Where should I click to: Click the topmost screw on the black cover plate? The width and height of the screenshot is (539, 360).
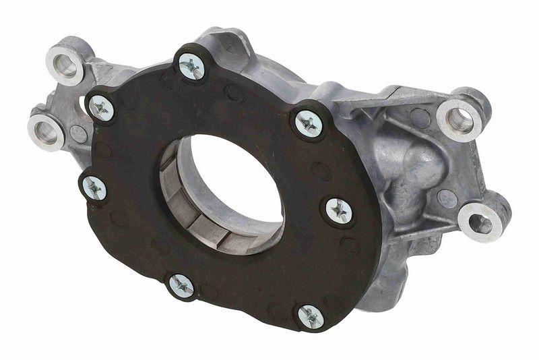191,65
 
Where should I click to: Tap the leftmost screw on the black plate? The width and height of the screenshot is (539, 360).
93,187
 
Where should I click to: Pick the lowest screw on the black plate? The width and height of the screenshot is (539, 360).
310,315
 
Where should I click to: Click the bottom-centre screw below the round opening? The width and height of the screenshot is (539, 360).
181,285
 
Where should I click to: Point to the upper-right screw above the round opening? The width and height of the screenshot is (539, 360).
309,123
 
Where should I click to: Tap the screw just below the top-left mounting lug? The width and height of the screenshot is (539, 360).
101,107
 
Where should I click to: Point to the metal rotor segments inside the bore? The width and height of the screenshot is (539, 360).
195,216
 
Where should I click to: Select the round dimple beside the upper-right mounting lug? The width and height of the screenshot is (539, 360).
421,119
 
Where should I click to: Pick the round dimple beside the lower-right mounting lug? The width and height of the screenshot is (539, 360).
447,198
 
